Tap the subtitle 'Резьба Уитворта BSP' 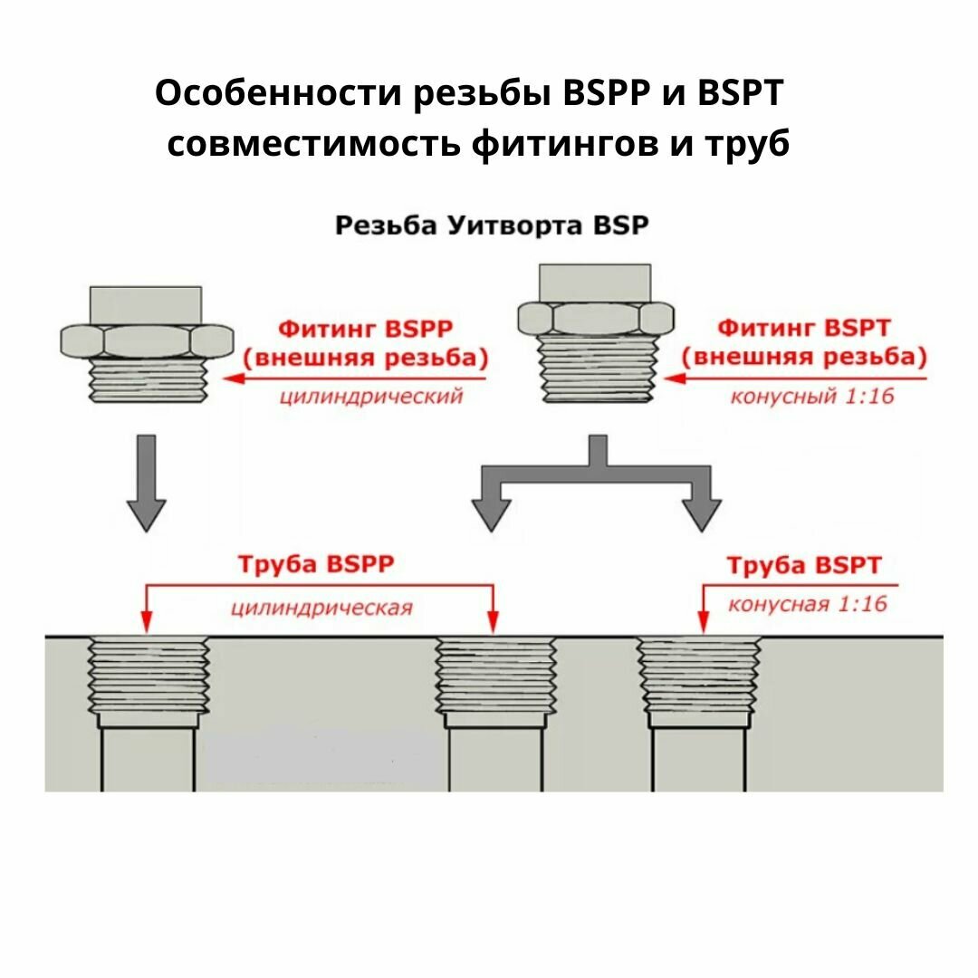tap(492, 225)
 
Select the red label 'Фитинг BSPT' tap(803, 327)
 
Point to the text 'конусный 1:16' tap(812, 396)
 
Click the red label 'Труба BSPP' tap(316, 564)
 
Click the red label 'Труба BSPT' tap(803, 566)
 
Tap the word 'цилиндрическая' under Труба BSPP tap(321, 607)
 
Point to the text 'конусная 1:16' tap(807, 604)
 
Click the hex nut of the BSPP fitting tap(145, 340)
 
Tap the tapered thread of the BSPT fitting tap(595, 368)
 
